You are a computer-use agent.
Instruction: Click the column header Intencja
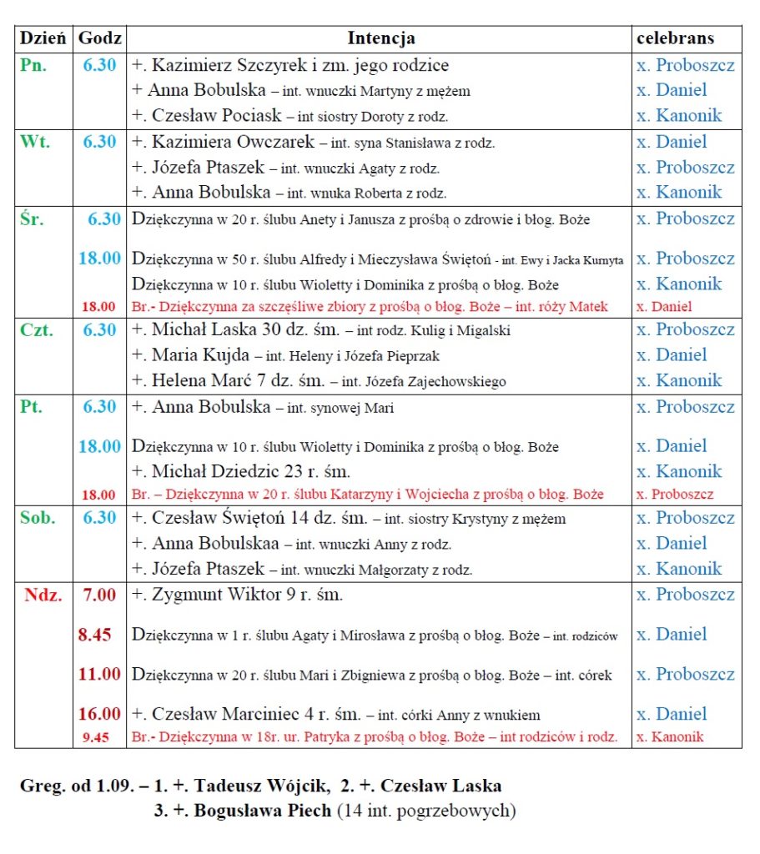click(380, 38)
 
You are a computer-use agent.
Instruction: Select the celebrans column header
click(675, 38)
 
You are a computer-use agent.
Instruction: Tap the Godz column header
click(99, 38)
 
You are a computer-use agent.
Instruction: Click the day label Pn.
click(33, 65)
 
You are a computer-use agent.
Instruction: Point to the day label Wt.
click(34, 142)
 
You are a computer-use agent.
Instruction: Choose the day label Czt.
click(37, 330)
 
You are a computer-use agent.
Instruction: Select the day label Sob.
click(38, 518)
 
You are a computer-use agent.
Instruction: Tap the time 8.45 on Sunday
click(94, 635)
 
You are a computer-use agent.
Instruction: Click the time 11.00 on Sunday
click(99, 674)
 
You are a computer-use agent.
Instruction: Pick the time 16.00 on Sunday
click(99, 714)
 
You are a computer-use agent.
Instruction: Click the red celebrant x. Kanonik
click(670, 736)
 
